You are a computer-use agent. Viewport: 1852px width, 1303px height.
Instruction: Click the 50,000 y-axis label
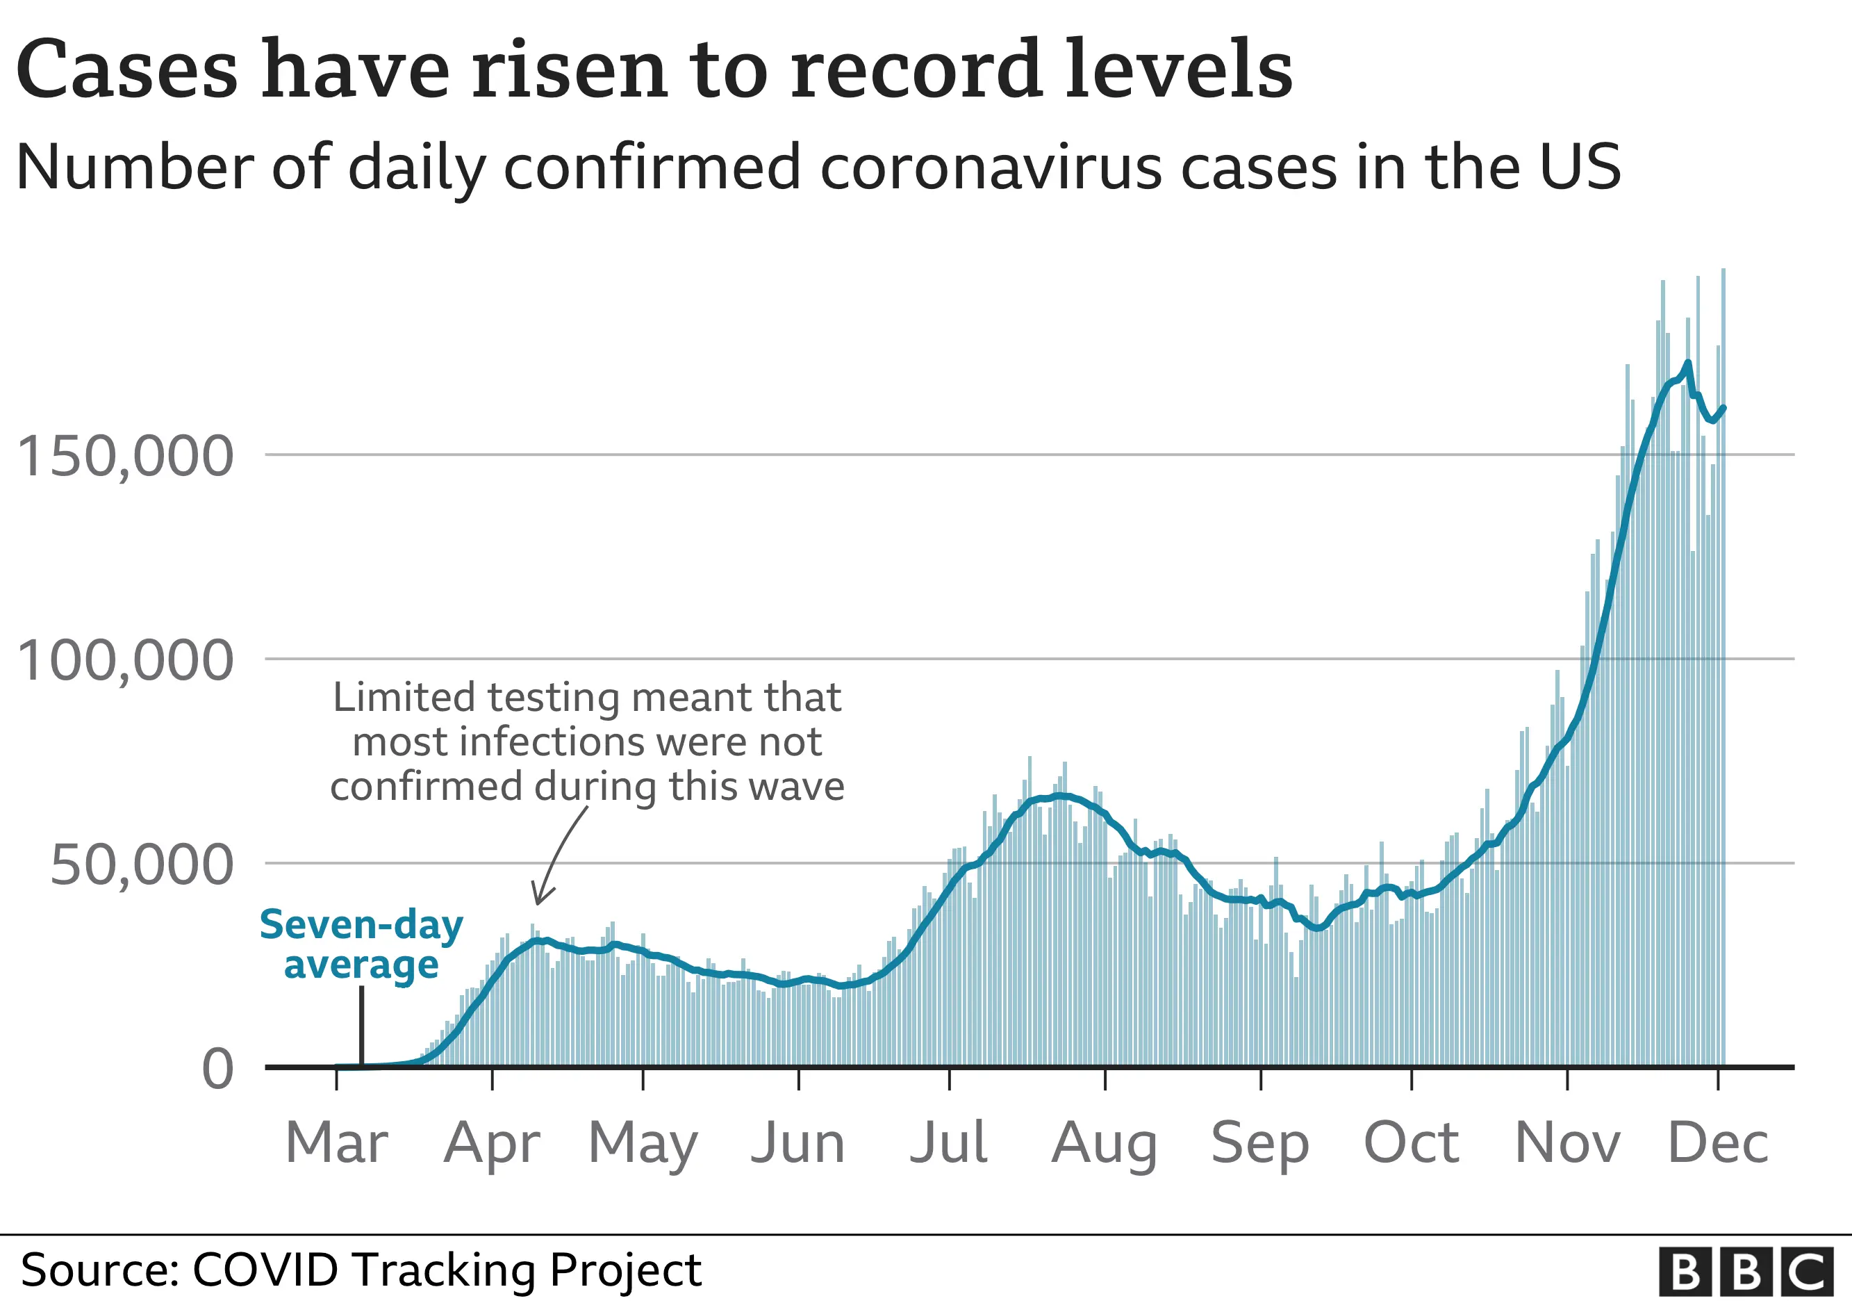(x=141, y=865)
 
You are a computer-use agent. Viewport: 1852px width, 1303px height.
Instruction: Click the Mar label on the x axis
(x=336, y=1143)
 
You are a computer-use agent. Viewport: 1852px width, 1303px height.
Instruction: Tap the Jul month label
(x=949, y=1143)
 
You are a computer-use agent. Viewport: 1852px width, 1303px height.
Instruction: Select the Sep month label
(x=1260, y=1143)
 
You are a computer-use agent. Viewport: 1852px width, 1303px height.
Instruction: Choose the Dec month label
(x=1718, y=1143)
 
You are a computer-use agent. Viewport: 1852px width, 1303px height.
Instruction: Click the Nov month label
(x=1567, y=1143)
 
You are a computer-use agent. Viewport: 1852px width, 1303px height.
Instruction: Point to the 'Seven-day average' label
(x=361, y=944)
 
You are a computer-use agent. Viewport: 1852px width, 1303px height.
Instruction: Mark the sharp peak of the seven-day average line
(x=1688, y=362)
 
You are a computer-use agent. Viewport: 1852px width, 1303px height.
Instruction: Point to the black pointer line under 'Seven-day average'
(x=361, y=1024)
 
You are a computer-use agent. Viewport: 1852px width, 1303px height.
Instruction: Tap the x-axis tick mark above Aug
(x=1105, y=1079)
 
